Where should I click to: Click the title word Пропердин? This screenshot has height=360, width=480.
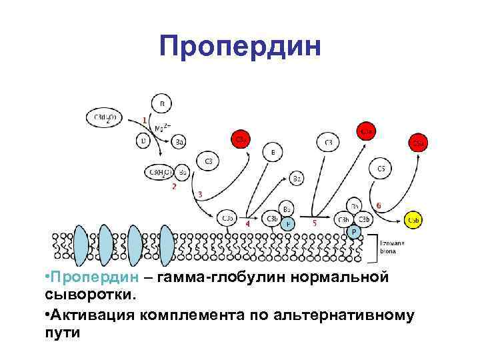point(240,46)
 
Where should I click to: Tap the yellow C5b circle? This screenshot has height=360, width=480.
point(413,219)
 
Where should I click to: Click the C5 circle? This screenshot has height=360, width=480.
point(381,169)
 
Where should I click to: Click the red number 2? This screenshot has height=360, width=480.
point(174,187)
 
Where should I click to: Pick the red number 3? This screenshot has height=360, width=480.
point(201,194)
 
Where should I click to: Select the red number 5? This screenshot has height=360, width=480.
point(315,224)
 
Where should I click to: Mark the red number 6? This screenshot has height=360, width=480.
point(379,205)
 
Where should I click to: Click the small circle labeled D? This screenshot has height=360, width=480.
point(143,141)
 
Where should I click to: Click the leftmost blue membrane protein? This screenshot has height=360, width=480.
point(81,246)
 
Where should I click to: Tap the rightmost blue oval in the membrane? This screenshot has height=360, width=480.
point(166,246)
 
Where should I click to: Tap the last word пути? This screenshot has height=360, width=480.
point(63,331)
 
